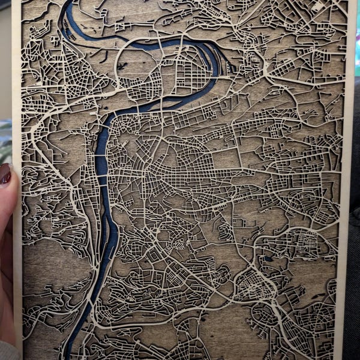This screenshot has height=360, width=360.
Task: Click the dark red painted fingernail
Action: (5, 174)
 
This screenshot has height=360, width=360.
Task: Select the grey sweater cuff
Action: (7, 351)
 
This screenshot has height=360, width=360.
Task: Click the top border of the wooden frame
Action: (180, 1)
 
